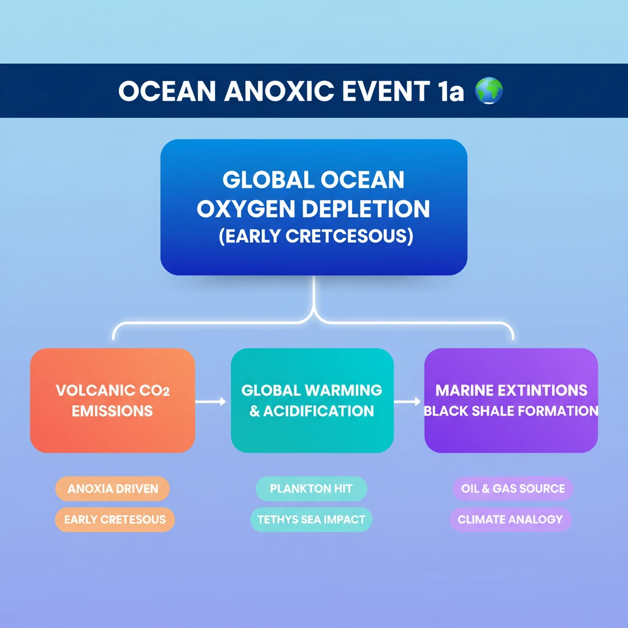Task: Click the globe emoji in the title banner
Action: point(489,91)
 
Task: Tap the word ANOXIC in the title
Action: point(279,91)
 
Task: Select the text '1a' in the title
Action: point(450,91)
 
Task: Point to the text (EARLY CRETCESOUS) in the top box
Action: point(316,236)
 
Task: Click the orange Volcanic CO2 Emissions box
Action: point(113,400)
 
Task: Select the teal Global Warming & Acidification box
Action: point(312,400)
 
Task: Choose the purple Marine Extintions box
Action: point(511,400)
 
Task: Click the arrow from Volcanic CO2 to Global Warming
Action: point(211,401)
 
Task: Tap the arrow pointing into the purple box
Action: point(407,401)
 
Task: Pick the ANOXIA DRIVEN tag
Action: point(113,489)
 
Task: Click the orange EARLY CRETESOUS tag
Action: point(115,519)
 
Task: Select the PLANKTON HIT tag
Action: point(311,489)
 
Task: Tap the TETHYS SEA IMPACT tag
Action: point(311,519)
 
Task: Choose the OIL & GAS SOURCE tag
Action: point(513,489)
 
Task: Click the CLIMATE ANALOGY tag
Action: point(511,519)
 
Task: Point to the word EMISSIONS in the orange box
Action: point(112,411)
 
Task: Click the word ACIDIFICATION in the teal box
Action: point(318,411)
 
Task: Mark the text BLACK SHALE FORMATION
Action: point(511,411)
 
